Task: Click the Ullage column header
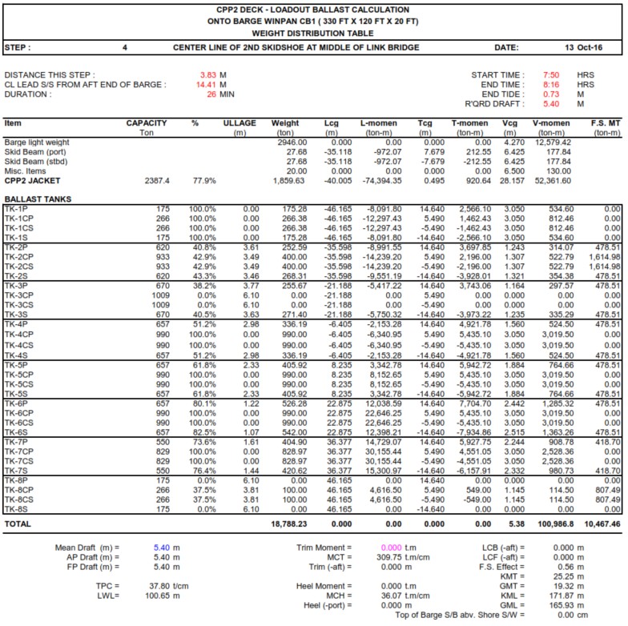240,123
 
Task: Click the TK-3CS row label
18,305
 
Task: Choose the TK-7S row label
16,470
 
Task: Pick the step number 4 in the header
125,48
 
